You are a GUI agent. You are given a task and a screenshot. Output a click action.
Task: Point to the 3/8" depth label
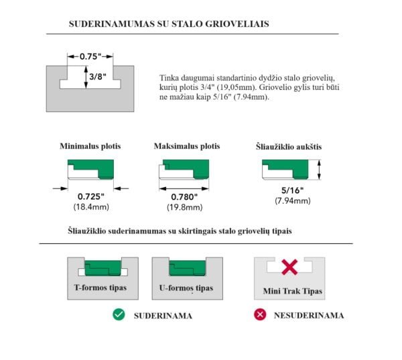(97, 77)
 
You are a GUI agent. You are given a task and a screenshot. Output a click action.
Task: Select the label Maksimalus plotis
(186, 146)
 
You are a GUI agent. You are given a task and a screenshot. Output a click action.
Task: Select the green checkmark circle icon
(118, 315)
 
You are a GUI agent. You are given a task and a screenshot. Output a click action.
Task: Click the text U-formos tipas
(186, 288)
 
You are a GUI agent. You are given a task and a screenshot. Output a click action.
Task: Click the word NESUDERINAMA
(309, 315)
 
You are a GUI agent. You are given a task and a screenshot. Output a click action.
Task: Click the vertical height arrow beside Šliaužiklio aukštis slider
(320, 169)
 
